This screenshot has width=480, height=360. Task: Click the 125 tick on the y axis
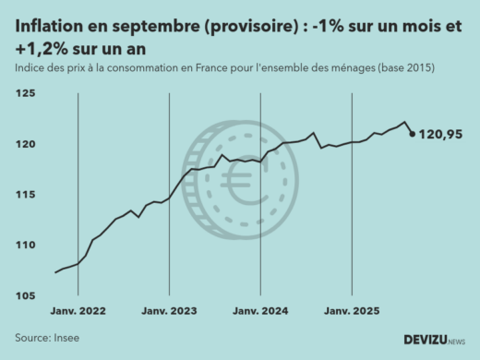(x=26, y=94)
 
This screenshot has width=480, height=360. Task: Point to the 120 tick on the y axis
(x=26, y=145)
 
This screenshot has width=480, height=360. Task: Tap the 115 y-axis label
(x=26, y=195)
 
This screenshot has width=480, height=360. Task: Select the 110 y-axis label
(x=26, y=246)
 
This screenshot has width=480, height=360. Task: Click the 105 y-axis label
(x=26, y=295)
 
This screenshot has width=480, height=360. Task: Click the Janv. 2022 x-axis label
(x=78, y=312)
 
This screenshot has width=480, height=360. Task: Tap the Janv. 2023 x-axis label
(x=169, y=312)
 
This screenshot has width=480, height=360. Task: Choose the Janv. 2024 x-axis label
(x=260, y=312)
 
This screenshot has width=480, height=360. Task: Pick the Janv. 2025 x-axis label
(x=352, y=312)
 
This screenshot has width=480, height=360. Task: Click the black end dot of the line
(x=412, y=134)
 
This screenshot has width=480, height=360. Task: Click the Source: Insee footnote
(x=47, y=338)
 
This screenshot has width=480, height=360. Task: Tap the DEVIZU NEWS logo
(x=435, y=340)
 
